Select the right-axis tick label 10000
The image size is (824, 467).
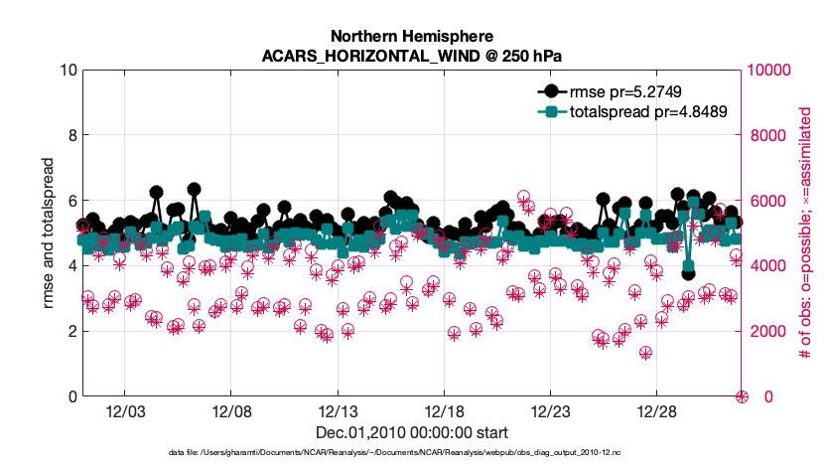click(769, 71)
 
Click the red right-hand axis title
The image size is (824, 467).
click(805, 233)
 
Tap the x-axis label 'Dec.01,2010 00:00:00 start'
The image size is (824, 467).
click(411, 432)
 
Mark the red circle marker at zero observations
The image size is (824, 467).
click(742, 396)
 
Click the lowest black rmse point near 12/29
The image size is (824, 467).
click(688, 272)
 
